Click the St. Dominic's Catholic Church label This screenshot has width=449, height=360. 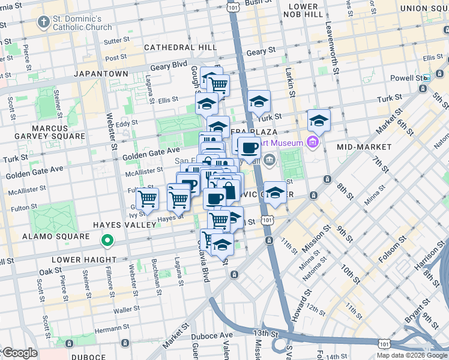[82, 23]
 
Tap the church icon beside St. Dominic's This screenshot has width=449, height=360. [43, 23]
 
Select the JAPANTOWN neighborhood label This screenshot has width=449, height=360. [101, 73]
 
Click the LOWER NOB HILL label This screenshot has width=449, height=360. [303, 10]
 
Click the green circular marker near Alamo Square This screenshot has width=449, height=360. [107, 241]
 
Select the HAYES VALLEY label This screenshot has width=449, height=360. [124, 224]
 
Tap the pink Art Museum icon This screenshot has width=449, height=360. [312, 143]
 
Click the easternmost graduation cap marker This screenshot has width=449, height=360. [319, 121]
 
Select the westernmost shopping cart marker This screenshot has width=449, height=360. [147, 199]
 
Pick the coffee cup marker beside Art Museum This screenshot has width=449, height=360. [249, 147]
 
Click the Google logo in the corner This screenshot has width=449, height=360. [20, 353]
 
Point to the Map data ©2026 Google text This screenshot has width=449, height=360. [412, 355]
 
